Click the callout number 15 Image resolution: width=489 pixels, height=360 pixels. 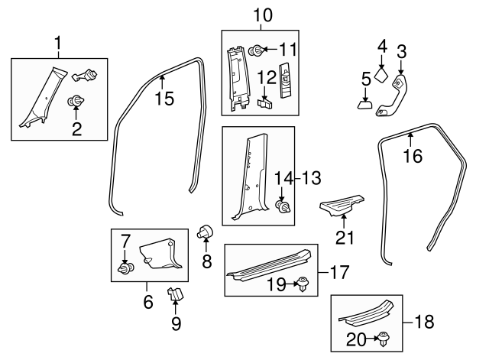(165, 99)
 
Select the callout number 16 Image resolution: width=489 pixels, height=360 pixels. (413, 156)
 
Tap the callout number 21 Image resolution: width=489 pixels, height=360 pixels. (345, 238)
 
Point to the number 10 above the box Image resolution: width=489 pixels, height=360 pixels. (263, 15)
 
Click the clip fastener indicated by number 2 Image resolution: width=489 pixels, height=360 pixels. (76, 102)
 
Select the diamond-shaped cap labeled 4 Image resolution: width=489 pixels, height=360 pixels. (381, 76)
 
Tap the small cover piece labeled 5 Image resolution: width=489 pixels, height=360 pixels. (365, 104)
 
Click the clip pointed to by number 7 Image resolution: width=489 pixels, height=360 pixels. (126, 268)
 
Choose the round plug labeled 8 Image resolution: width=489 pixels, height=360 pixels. (206, 232)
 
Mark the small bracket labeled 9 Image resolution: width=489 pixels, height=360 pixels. (175, 294)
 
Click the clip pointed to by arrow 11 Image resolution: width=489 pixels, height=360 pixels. (256, 51)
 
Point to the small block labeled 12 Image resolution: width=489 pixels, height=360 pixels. (265, 103)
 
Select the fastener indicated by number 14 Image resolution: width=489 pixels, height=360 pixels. (283, 207)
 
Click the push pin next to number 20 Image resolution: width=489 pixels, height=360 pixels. (384, 339)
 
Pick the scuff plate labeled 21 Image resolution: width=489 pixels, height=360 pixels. (342, 205)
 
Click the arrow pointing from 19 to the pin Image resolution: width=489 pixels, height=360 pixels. (291, 284)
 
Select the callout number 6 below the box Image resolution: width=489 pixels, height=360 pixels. (148, 302)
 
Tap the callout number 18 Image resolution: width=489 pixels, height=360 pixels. (424, 321)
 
